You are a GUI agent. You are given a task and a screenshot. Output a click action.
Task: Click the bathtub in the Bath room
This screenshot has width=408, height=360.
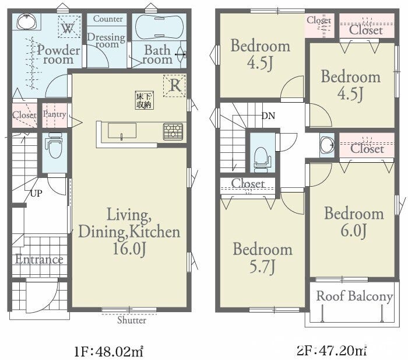159,27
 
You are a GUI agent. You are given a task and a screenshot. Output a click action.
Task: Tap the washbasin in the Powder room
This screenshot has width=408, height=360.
27,22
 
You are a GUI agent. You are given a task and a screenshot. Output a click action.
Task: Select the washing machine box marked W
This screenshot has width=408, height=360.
69,27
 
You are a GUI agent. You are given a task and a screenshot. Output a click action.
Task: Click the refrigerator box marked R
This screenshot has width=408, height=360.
175,85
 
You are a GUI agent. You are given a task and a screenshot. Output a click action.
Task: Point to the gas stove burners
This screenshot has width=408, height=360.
173,131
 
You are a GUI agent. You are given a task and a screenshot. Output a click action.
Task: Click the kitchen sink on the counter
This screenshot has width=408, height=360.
122,131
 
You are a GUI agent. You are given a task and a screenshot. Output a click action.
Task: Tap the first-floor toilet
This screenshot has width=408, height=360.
55,146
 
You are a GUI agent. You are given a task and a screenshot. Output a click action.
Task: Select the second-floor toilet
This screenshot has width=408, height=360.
262,159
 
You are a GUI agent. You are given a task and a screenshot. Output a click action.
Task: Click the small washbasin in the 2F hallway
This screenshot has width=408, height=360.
327,145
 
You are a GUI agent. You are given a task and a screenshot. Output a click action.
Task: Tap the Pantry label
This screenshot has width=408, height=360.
54,114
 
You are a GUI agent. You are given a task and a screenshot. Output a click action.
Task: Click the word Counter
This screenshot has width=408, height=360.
108,19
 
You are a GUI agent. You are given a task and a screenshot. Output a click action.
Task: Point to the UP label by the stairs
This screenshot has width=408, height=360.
36,193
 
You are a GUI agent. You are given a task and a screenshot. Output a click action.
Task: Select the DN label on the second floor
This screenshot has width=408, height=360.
268,116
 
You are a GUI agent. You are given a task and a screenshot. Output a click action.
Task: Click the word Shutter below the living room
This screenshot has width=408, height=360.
132,320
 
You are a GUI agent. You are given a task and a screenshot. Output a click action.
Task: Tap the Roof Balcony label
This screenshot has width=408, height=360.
354,296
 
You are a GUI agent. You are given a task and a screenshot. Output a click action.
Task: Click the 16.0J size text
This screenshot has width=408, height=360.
129,249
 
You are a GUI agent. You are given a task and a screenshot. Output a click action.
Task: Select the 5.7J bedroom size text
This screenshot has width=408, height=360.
262,267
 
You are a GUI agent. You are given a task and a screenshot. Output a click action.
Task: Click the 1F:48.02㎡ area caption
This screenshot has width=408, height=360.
108,352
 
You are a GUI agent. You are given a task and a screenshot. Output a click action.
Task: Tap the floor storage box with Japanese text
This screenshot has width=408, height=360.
144,100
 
